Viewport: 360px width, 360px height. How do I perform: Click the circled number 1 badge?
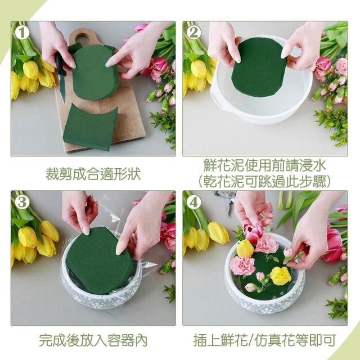[x=22, y=33]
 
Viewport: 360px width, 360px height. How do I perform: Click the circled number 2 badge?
[x=193, y=33]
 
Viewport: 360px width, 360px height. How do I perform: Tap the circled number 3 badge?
[x=22, y=202]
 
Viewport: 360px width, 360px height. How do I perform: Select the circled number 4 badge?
[x=193, y=202]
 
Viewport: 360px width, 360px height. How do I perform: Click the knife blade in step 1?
[x=62, y=88]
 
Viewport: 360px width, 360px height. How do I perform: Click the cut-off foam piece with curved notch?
[x=90, y=127]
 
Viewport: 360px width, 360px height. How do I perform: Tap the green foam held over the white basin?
[x=259, y=67]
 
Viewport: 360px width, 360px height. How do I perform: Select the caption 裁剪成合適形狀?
[x=93, y=174]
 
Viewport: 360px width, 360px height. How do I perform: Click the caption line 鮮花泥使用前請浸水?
[x=265, y=165]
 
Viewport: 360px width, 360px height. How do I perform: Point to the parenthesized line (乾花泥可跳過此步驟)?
[x=265, y=181]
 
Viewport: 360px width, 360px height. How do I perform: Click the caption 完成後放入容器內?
[x=93, y=340]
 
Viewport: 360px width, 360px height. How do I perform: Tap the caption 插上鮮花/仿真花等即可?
[x=265, y=340]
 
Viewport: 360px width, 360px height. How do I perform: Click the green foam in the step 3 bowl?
[x=100, y=260]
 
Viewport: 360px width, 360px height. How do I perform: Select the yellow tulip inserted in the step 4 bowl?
[x=245, y=249]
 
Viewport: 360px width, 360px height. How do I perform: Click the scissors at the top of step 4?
[x=226, y=200]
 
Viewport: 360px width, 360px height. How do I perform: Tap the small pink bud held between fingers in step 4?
[x=288, y=252]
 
